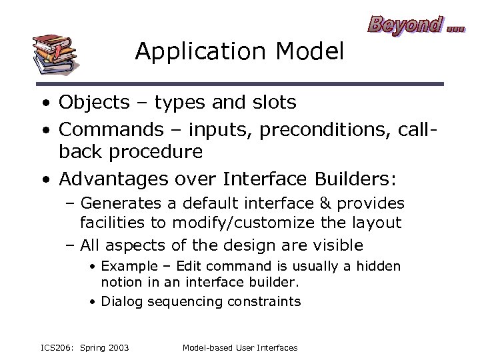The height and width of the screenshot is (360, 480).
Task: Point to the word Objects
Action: tap(93, 103)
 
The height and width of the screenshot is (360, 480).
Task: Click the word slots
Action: tap(270, 103)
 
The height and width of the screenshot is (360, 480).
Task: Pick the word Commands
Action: tap(109, 128)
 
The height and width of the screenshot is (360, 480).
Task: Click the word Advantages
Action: tap(117, 179)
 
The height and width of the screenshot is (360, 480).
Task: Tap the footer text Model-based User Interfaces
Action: tap(239, 347)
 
